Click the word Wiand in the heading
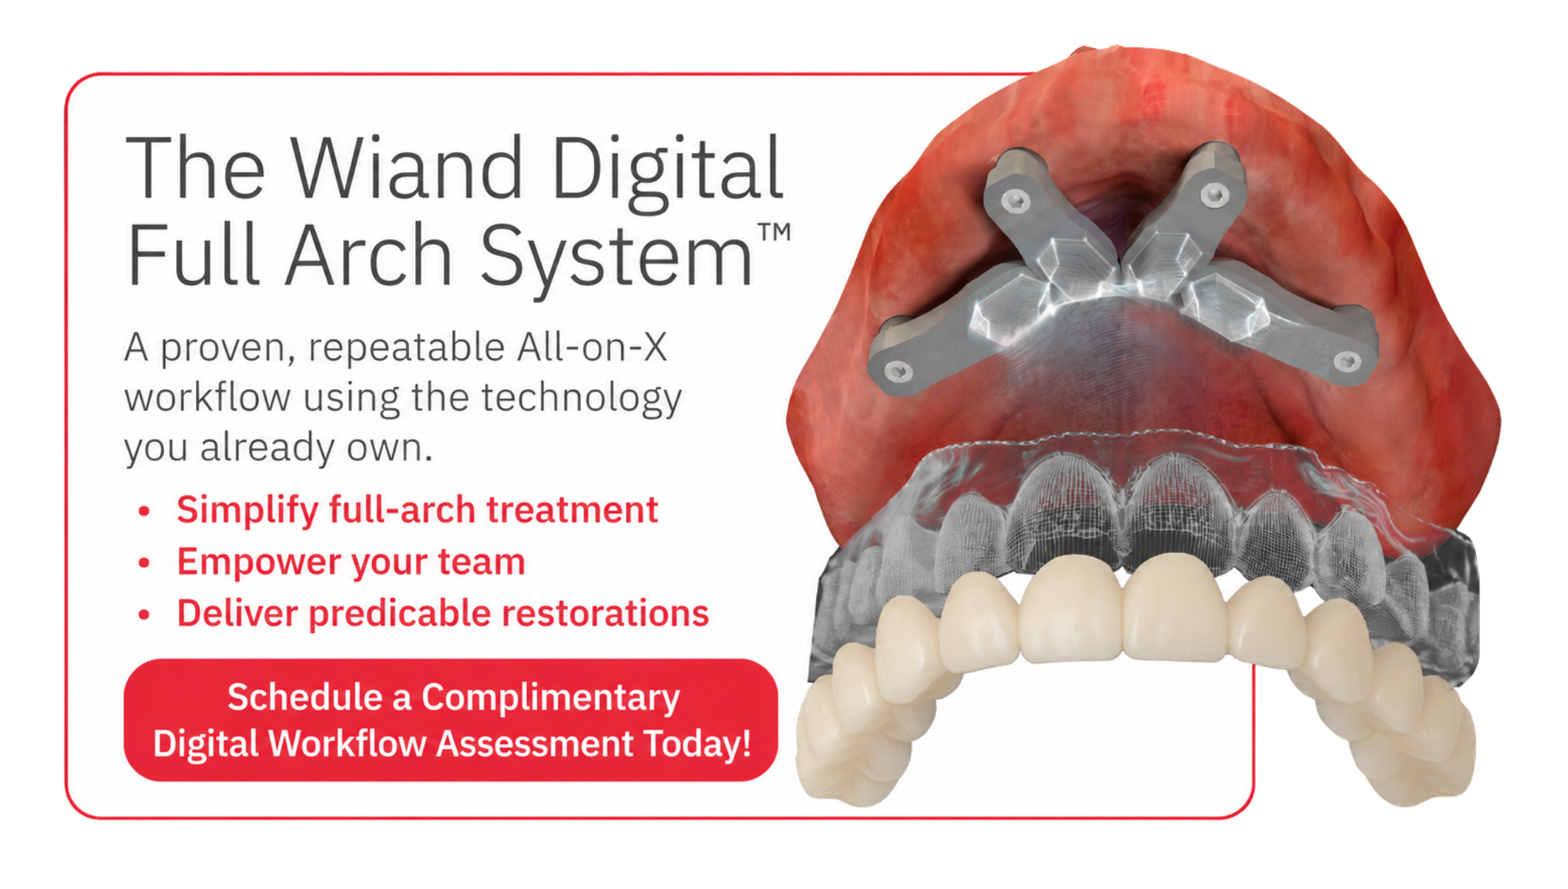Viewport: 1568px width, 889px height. pos(407,168)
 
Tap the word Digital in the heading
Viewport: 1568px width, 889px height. pos(667,173)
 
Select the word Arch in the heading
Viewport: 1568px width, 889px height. pos(368,254)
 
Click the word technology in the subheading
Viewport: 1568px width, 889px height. pos(581,398)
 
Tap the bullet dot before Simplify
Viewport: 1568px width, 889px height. pos(144,511)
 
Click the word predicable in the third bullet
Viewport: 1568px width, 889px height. pos(399,613)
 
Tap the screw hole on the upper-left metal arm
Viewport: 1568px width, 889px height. pos(1016,202)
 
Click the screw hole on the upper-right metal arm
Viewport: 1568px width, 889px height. pos(1214,192)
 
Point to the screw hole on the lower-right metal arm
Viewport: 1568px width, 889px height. pos(1347,361)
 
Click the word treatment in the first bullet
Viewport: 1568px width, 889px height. pos(572,510)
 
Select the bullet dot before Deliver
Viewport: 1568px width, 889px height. pos(144,615)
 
